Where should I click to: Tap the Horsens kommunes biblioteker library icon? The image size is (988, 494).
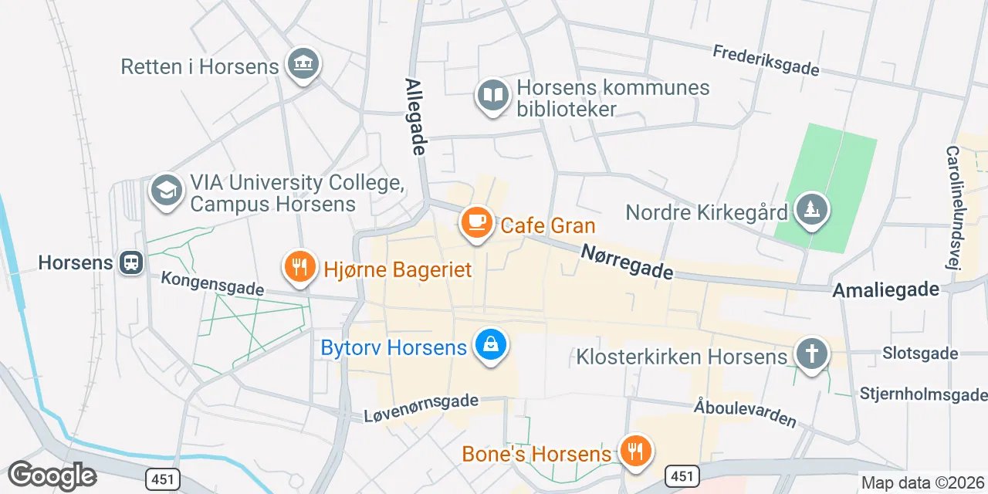click(492, 96)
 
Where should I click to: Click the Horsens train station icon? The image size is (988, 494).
click(131, 262)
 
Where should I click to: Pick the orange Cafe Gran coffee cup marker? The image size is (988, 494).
click(476, 222)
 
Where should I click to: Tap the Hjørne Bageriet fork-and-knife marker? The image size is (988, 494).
click(298, 267)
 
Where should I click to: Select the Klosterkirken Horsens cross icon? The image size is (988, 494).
click(811, 354)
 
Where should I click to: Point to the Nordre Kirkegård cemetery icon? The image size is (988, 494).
click(811, 208)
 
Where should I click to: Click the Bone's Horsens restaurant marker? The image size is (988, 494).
click(635, 452)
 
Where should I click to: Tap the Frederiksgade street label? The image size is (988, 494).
click(766, 60)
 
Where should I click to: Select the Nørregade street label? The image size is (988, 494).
click(627, 261)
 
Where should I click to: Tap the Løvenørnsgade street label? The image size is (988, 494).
click(421, 408)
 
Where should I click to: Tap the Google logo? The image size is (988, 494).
click(52, 475)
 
